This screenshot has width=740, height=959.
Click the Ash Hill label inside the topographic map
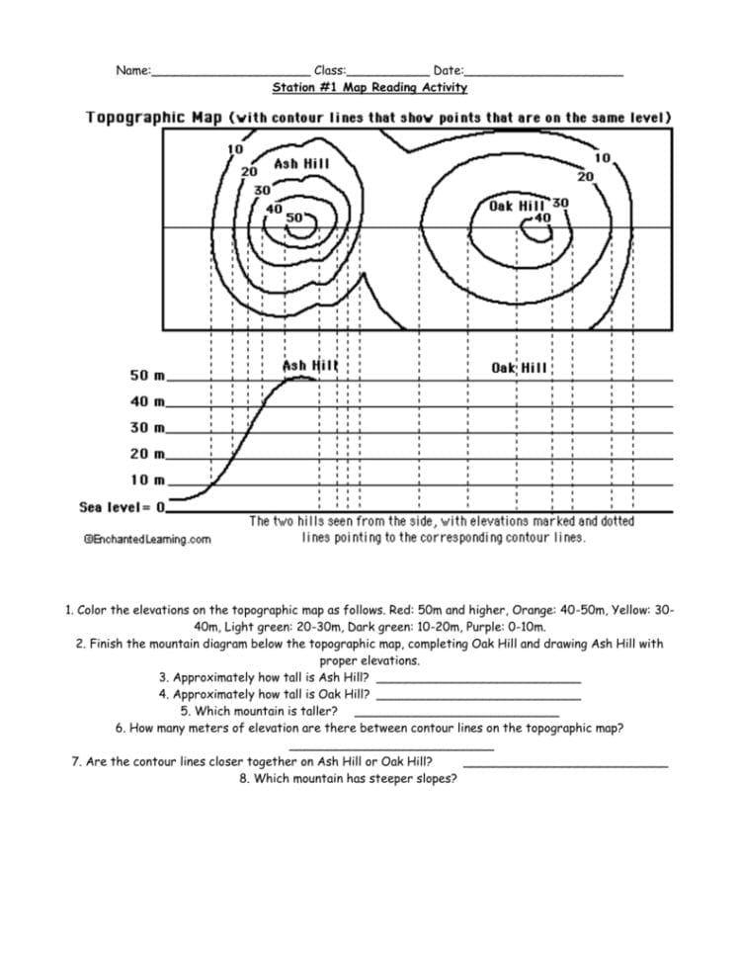(301, 163)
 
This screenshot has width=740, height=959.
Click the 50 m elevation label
(148, 376)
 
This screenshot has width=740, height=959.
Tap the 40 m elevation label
(148, 401)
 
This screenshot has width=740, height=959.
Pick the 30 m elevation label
(148, 428)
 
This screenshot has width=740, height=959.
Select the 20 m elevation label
(148, 454)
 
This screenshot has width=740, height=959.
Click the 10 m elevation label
(148, 479)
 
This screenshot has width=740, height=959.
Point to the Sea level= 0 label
(123, 507)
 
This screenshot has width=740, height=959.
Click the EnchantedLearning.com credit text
(147, 539)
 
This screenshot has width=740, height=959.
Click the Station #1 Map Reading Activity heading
(370, 88)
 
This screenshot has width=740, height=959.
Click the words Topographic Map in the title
(153, 118)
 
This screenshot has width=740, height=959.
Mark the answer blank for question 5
(456, 714)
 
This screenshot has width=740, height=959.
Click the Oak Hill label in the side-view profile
(519, 368)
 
